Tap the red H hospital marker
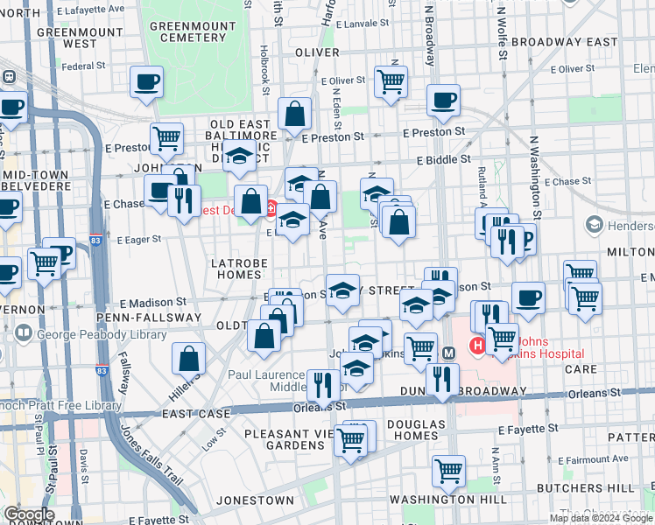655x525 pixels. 478,346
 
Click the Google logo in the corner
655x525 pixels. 28,514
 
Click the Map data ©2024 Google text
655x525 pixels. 600,518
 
